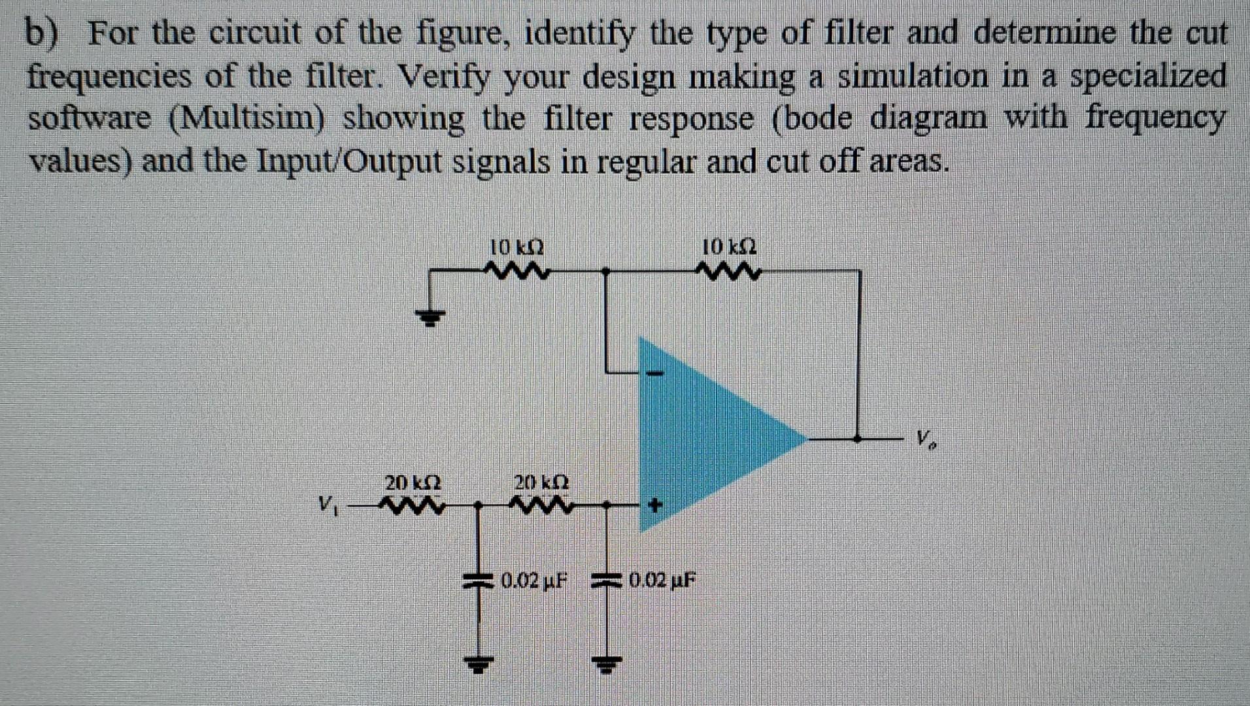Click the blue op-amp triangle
click(706, 435)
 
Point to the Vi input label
click(328, 504)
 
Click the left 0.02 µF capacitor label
click(533, 579)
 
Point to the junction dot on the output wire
click(860, 439)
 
